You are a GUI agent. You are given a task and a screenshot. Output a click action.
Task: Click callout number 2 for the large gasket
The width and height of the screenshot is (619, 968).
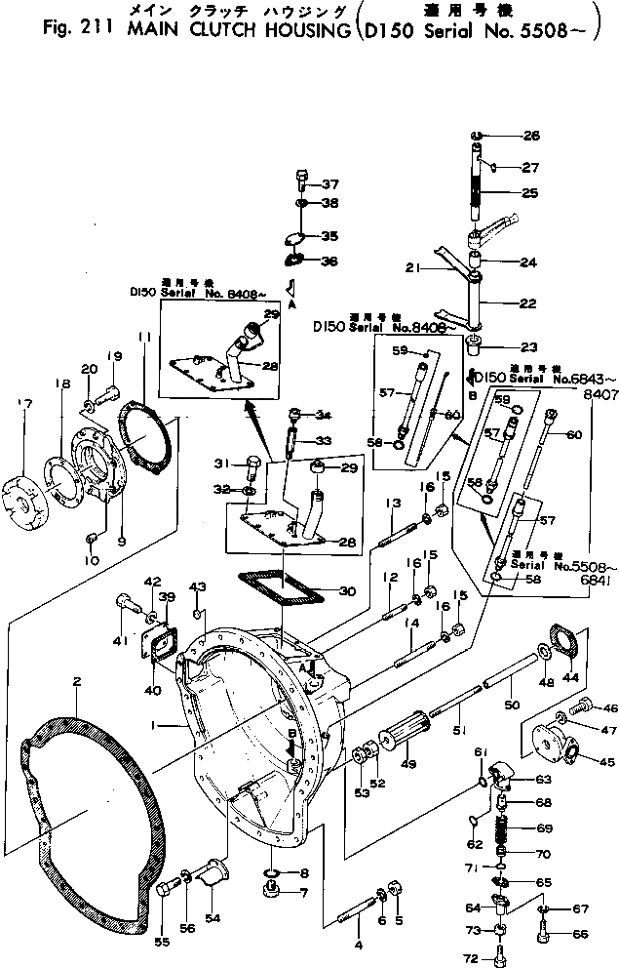76,682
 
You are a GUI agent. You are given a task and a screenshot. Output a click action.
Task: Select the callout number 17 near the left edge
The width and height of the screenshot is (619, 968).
24,401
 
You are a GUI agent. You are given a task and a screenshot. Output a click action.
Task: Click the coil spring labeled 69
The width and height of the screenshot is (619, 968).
505,829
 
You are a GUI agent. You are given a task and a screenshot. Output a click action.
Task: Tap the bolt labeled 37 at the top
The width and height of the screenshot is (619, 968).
302,182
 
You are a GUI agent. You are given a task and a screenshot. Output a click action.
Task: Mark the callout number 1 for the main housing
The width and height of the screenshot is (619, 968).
169,723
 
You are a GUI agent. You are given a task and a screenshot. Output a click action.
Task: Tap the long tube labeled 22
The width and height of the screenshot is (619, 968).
479,304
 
